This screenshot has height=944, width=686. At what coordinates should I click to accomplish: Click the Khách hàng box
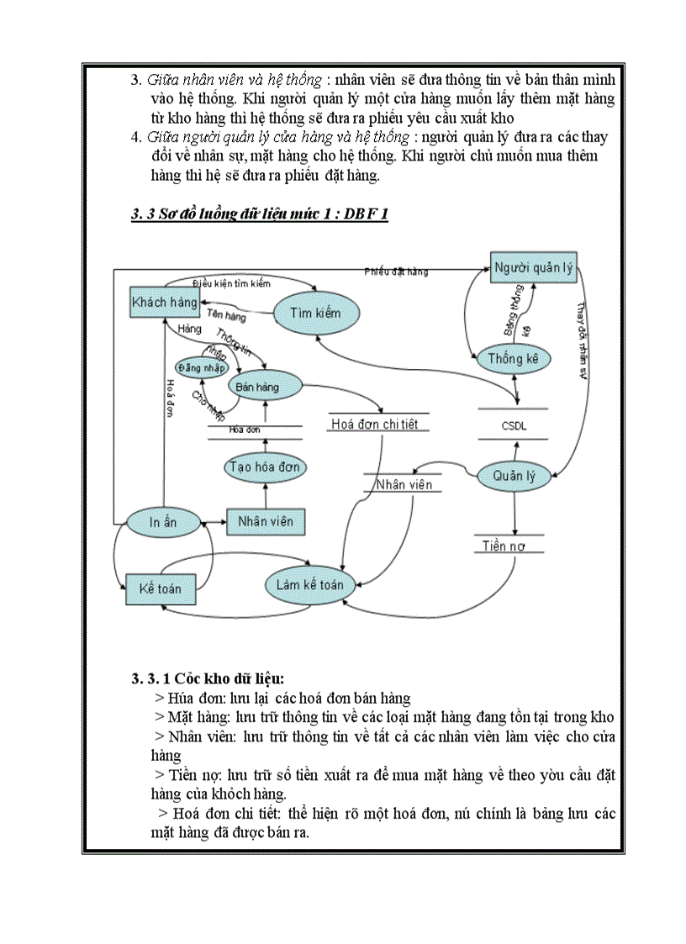[165, 302]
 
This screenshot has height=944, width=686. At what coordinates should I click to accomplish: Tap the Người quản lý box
[533, 268]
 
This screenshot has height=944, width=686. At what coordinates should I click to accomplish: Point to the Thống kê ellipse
[519, 359]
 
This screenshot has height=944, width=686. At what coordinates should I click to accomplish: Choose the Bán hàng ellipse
[265, 386]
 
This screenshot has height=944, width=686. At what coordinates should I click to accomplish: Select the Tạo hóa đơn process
[265, 467]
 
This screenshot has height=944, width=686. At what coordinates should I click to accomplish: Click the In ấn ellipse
[163, 522]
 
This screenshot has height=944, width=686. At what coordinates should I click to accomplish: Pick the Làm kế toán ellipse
[309, 584]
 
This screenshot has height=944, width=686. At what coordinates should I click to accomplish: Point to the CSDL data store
[513, 425]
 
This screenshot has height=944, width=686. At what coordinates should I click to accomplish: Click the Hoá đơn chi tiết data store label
[376, 425]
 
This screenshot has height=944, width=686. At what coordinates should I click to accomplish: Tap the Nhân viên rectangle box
[265, 521]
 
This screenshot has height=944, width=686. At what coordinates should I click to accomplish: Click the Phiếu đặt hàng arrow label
[396, 272]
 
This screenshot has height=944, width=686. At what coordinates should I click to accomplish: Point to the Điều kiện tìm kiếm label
[231, 283]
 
